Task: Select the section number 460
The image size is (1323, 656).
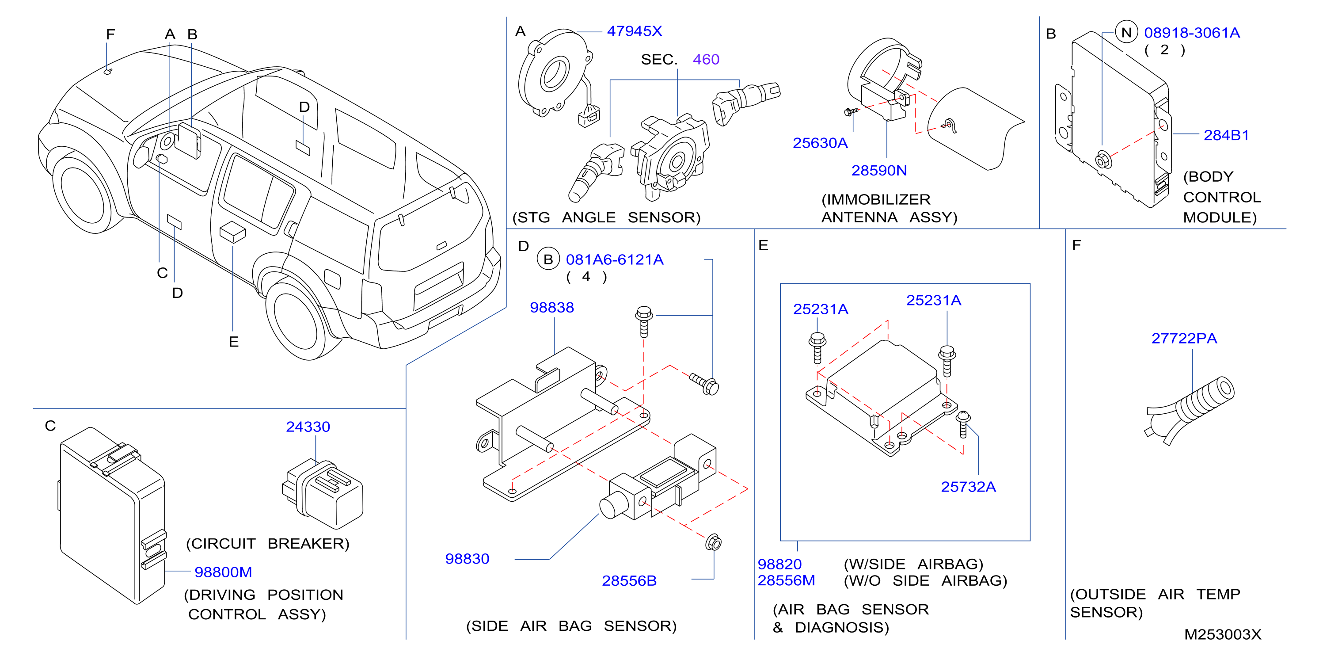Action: coord(706,60)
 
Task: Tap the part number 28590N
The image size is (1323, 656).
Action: coord(879,171)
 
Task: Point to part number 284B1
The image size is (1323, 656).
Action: coord(1226,135)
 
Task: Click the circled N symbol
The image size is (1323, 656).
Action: coord(1126,33)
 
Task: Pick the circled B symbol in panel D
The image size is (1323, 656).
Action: coord(548,259)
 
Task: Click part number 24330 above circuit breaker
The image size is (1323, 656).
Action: coord(308,427)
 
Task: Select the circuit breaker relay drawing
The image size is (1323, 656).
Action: coord(322,494)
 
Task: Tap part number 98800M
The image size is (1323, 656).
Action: coord(223,572)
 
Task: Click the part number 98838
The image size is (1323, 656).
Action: coord(551,308)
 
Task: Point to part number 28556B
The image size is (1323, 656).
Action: coord(629,581)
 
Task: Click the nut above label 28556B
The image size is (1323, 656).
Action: coord(713,542)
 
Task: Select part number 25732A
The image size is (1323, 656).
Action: coord(968,487)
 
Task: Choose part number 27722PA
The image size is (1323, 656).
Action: coord(1184,339)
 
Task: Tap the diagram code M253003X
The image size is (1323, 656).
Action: coord(1222,635)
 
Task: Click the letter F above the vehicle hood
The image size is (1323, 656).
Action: coord(110,34)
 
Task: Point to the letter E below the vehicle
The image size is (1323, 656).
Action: coord(234,342)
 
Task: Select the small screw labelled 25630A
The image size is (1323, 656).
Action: coord(851,111)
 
